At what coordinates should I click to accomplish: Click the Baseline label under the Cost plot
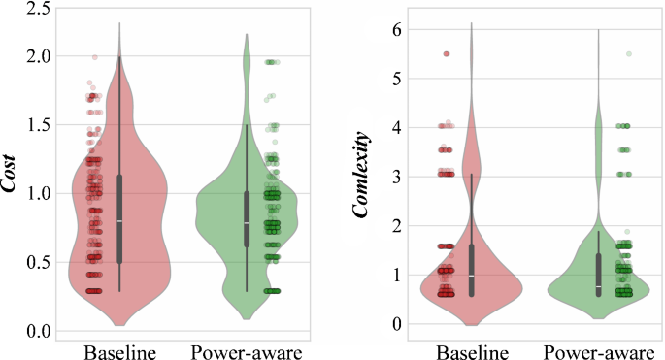pos(120,350)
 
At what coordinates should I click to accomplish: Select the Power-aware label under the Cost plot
pos(247,350)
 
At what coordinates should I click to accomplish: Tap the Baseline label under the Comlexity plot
pos(472,350)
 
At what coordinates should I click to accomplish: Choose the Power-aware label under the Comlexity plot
pos(598,350)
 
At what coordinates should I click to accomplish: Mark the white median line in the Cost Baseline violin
pos(119,221)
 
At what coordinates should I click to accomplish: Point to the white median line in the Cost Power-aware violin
pos(247,223)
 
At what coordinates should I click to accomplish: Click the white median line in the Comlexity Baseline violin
pos(472,276)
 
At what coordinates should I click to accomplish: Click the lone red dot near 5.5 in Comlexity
pos(447,53)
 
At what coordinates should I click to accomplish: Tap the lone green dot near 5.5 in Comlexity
pos(628,53)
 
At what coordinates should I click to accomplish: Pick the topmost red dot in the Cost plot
pos(94,57)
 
